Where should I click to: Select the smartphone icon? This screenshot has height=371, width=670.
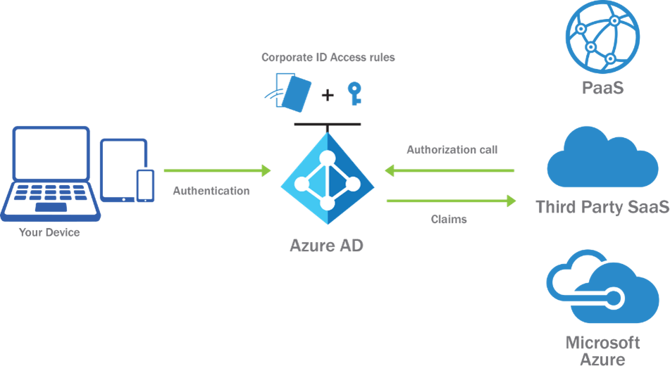click(145, 185)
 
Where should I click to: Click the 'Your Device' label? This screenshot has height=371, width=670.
click(49, 232)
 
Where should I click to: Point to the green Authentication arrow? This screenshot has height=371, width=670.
click(217, 170)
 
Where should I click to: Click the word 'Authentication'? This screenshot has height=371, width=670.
click(211, 191)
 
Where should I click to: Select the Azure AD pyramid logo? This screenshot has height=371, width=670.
click(327, 180)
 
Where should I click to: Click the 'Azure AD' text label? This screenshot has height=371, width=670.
click(327, 246)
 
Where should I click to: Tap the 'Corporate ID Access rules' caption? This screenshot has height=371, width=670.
click(328, 58)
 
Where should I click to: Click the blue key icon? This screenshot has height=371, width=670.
click(354, 94)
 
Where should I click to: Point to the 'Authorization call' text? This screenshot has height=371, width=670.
click(452, 150)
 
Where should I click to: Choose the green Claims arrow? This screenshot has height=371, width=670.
click(451, 201)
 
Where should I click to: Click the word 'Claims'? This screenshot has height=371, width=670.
click(449, 219)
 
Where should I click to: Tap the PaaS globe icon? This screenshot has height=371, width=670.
click(603, 37)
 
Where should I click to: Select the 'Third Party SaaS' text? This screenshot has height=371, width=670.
click(602, 207)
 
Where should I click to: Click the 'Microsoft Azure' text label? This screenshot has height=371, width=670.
click(603, 351)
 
